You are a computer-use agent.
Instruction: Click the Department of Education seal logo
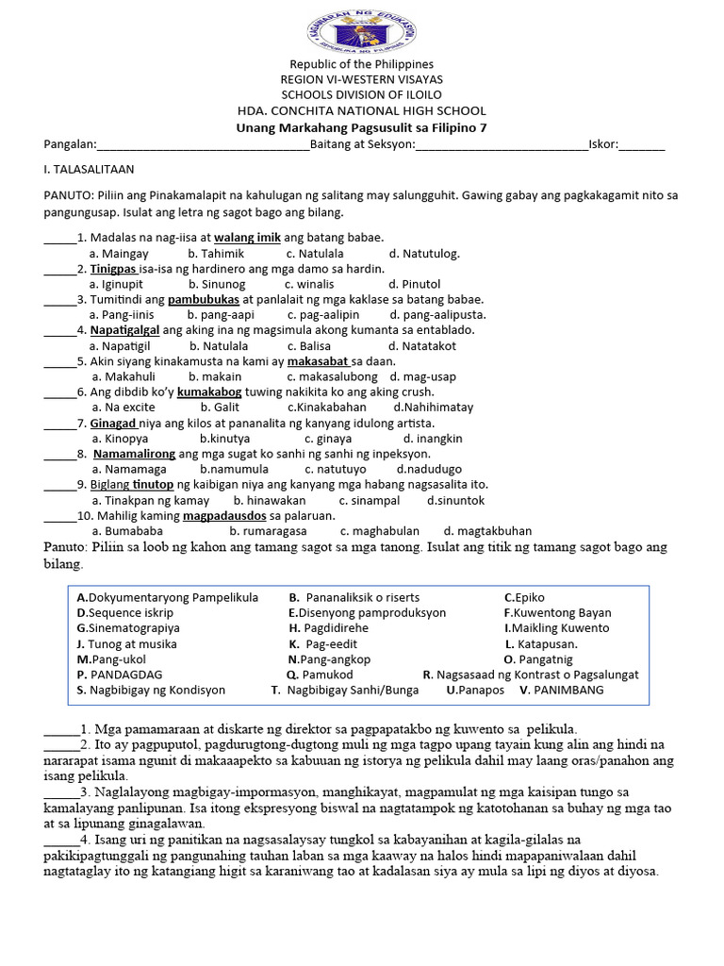362,28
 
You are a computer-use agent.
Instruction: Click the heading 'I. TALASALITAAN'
90,170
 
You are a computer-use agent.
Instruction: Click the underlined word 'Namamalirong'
134,454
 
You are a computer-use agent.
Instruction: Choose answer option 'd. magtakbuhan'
487,531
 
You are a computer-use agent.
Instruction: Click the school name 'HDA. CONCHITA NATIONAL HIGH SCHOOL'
362,110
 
